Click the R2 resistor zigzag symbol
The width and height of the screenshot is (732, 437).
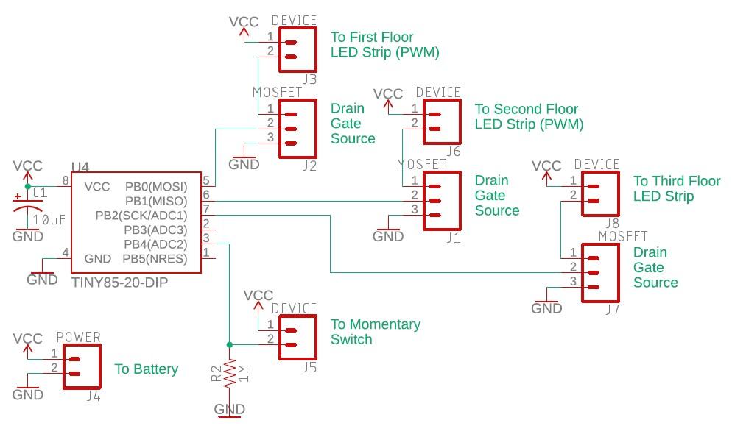(230, 373)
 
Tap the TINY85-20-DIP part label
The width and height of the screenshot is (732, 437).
(114, 282)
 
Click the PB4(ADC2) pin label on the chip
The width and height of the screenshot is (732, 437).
(155, 244)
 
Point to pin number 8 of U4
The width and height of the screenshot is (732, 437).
(65, 180)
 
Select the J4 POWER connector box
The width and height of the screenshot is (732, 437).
(82, 366)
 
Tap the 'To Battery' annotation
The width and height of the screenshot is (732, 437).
(146, 369)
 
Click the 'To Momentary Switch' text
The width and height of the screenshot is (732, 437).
(376, 332)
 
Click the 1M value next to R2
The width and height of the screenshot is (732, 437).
(244, 373)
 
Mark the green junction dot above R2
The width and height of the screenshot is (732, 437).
(230, 344)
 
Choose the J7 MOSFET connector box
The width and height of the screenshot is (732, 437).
(600, 273)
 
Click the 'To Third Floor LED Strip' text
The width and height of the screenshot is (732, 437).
(676, 188)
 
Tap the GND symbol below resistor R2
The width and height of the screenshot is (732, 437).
(230, 411)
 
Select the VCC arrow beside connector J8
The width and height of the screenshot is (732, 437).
(546, 170)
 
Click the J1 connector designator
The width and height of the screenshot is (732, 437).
(453, 238)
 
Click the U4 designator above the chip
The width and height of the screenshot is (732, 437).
(80, 168)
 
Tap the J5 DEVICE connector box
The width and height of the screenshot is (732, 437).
(297, 337)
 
